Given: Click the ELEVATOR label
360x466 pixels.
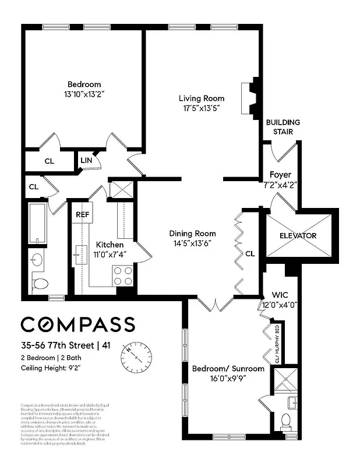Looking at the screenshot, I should pos(298,236).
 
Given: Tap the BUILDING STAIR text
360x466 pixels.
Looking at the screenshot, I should pos(283,127).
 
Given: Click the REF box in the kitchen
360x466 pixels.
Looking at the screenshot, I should pos(82,214).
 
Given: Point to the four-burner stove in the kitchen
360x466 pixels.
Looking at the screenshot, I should pos(123,275).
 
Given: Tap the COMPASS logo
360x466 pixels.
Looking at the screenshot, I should pos(77,325).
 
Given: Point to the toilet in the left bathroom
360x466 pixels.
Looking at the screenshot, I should pos(40,284).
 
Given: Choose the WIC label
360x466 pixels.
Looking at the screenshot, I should pos(280,295).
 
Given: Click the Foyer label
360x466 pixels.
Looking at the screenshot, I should pos(280,175).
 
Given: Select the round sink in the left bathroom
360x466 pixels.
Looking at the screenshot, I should pos(38,259).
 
